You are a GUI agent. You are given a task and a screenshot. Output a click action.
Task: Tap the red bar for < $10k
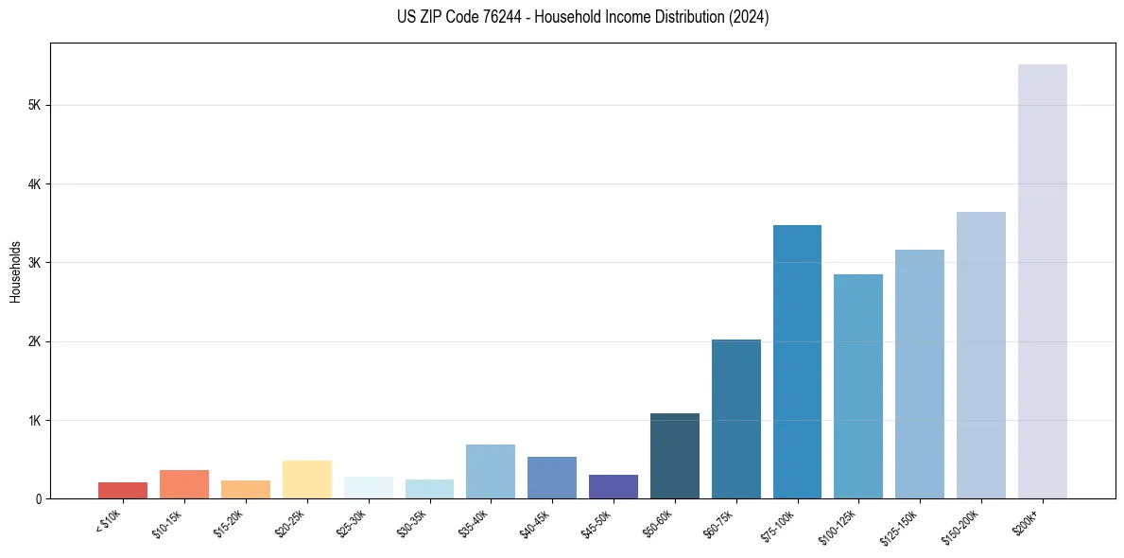click(x=123, y=490)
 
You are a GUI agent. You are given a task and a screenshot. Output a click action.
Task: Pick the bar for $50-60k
click(x=674, y=456)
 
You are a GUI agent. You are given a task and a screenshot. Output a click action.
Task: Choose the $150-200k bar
click(x=980, y=355)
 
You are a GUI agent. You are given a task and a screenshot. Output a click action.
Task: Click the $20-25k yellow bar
click(x=306, y=480)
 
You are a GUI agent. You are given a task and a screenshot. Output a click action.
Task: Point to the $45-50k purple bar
click(x=613, y=486)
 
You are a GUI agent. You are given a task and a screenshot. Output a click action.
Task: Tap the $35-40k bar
click(x=491, y=471)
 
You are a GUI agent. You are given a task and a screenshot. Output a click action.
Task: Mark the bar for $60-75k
click(x=735, y=419)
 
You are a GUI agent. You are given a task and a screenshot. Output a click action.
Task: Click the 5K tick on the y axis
click(x=35, y=105)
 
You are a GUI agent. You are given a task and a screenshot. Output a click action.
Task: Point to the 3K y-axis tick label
click(x=35, y=262)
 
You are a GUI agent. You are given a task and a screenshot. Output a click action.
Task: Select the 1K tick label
click(x=35, y=420)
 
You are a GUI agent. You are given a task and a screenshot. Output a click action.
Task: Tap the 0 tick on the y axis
click(x=38, y=498)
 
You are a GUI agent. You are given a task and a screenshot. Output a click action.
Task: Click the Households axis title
click(x=15, y=270)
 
